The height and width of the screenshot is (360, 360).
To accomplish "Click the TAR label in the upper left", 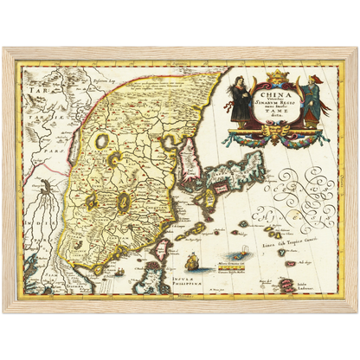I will tap(35, 90).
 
